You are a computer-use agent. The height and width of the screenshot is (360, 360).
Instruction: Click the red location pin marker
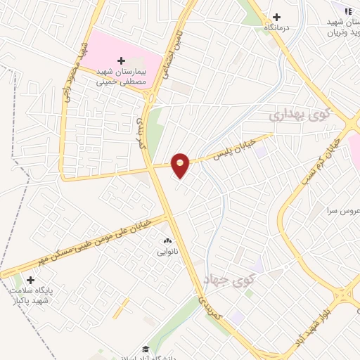coord(181,165)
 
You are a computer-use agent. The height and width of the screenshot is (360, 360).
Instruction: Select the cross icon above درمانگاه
coord(276,17)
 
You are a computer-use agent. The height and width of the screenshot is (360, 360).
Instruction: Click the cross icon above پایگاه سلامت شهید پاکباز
coord(30,280)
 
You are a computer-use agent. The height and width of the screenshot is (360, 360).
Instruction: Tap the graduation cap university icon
coord(146,349)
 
